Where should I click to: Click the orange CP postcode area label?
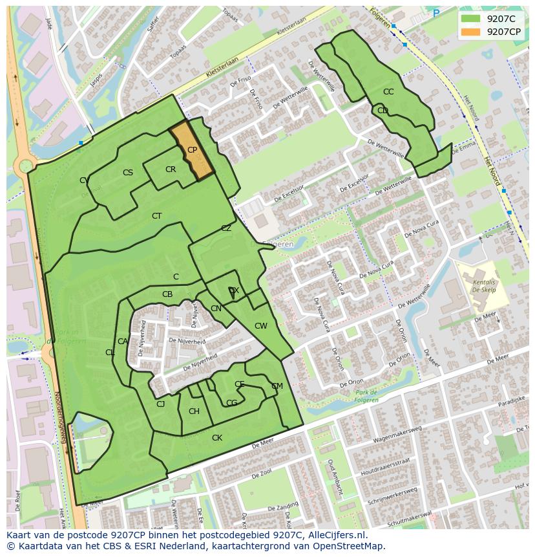pyautogui.click(x=192, y=150)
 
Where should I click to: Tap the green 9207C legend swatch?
pyautogui.click(x=471, y=18)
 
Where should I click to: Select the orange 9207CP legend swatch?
pyautogui.click(x=471, y=32)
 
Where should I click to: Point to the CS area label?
pyautogui.click(x=128, y=173)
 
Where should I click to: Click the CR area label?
pyautogui.click(x=171, y=169)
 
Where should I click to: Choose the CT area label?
pyautogui.click(x=156, y=216)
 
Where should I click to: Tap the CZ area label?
pyautogui.click(x=226, y=228)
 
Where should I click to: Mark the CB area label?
pyautogui.click(x=167, y=294)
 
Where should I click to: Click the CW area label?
pyautogui.click(x=260, y=326)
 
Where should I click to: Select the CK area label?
pyautogui.click(x=217, y=438)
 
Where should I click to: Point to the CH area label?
pyautogui.click(x=194, y=411)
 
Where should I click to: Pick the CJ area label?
pyautogui.click(x=161, y=404)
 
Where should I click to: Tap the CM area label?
pyautogui.click(x=277, y=386)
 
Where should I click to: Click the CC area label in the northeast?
pyautogui.click(x=388, y=92)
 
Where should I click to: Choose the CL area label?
pyautogui.click(x=110, y=353)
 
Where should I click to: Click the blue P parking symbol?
pyautogui.click(x=436, y=13)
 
